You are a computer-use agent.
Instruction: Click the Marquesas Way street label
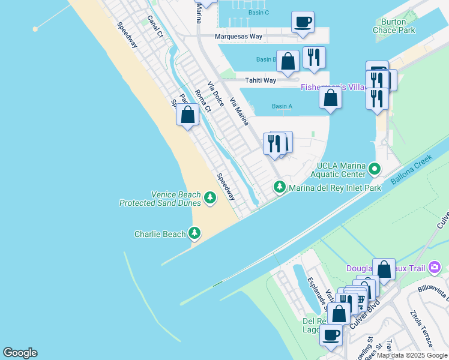pyautogui.click(x=239, y=37)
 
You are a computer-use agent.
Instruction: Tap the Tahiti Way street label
pyautogui.click(x=260, y=80)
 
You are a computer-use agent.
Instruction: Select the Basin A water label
pyautogui.click(x=282, y=106)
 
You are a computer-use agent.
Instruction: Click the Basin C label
pyautogui.click(x=258, y=13)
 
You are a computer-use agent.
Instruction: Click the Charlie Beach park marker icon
pyautogui.click(x=194, y=233)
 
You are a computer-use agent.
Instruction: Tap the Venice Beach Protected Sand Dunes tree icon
pyautogui.click(x=209, y=197)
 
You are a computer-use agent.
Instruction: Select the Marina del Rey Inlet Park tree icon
pyautogui.click(x=279, y=187)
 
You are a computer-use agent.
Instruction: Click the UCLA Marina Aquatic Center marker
pyautogui.click(x=375, y=169)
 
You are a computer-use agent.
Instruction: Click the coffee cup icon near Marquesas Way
pyautogui.click(x=303, y=22)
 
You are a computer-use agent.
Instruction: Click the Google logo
pyautogui.click(x=20, y=353)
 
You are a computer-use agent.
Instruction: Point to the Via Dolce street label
pyautogui.click(x=215, y=94)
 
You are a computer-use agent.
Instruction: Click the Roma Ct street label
pyautogui.click(x=203, y=100)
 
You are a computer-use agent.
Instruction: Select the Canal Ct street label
pyautogui.click(x=155, y=26)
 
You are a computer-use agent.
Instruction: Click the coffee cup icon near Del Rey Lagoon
pyautogui.click(x=331, y=334)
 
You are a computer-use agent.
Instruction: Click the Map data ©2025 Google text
pyautogui.click(x=412, y=355)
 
